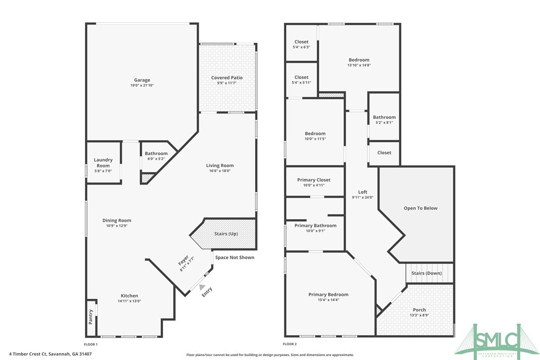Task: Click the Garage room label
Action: (142, 80)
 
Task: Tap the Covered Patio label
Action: (227, 78)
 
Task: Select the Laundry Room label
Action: (103, 163)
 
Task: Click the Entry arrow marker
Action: (201, 286)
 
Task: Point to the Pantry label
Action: (90, 317)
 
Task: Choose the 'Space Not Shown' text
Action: (235, 258)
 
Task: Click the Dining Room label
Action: (117, 220)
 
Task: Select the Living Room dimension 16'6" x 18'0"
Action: (220, 171)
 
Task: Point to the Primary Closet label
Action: (314, 180)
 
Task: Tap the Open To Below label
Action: (421, 208)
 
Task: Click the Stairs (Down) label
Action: (427, 273)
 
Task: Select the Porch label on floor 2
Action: (419, 310)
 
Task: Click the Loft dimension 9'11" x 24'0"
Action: (362, 197)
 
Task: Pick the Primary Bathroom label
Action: (315, 225)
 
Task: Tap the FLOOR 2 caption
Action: (290, 344)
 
